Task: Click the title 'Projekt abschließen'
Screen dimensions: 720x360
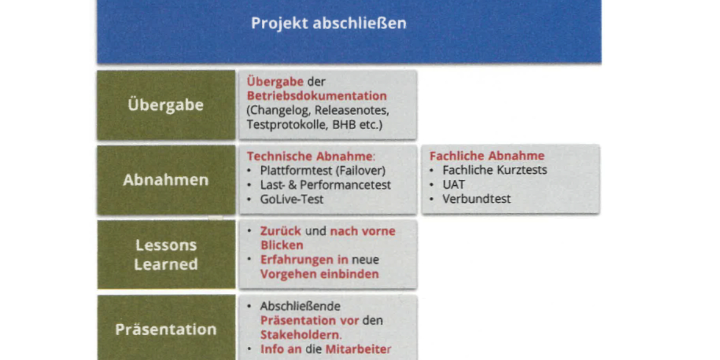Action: click(x=329, y=23)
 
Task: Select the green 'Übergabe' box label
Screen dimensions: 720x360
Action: click(x=166, y=105)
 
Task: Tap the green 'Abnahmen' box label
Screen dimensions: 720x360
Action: click(x=166, y=180)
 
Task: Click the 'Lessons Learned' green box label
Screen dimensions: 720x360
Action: click(x=166, y=255)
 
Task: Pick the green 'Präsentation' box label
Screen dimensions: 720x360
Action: click(x=166, y=330)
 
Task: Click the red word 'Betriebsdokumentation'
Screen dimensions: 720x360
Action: click(x=317, y=96)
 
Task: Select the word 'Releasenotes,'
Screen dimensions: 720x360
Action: click(x=352, y=110)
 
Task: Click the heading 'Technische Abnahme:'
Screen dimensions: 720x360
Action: click(x=311, y=156)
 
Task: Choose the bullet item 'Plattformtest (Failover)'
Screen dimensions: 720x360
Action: click(x=323, y=170)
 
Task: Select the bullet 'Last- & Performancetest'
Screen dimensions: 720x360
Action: click(x=325, y=185)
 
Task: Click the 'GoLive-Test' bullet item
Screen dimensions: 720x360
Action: click(x=291, y=199)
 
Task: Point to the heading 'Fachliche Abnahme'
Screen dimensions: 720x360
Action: click(x=487, y=156)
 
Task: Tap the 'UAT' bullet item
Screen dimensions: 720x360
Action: click(x=454, y=185)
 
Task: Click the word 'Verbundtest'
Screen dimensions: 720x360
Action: click(x=476, y=199)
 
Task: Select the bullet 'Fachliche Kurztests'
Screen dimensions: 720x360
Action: click(x=495, y=170)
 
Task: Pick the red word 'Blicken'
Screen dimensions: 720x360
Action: click(x=282, y=245)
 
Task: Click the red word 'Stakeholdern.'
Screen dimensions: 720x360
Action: click(x=301, y=335)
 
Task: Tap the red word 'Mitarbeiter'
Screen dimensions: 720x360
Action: click(x=358, y=349)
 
